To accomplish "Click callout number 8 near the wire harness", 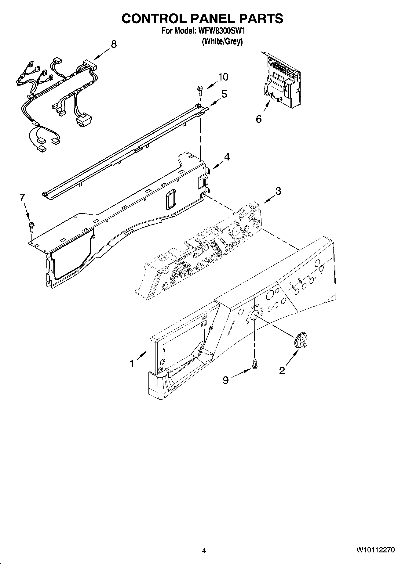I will (x=113, y=45).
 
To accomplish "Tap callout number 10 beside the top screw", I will (x=223, y=77).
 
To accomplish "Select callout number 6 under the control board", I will (x=259, y=119).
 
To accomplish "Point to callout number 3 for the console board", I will (x=278, y=191).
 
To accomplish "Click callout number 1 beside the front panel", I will (x=132, y=363).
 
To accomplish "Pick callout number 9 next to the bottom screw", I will (x=225, y=380).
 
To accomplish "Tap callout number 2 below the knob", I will (x=282, y=370).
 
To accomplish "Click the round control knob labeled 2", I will (x=300, y=341).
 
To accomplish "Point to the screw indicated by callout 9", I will (x=254, y=363).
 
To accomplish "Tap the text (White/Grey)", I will (x=222, y=41).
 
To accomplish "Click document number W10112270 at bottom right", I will (x=375, y=550).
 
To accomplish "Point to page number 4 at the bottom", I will (x=204, y=551).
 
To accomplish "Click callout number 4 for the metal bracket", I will (x=227, y=157).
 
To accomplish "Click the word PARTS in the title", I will (x=261, y=19).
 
